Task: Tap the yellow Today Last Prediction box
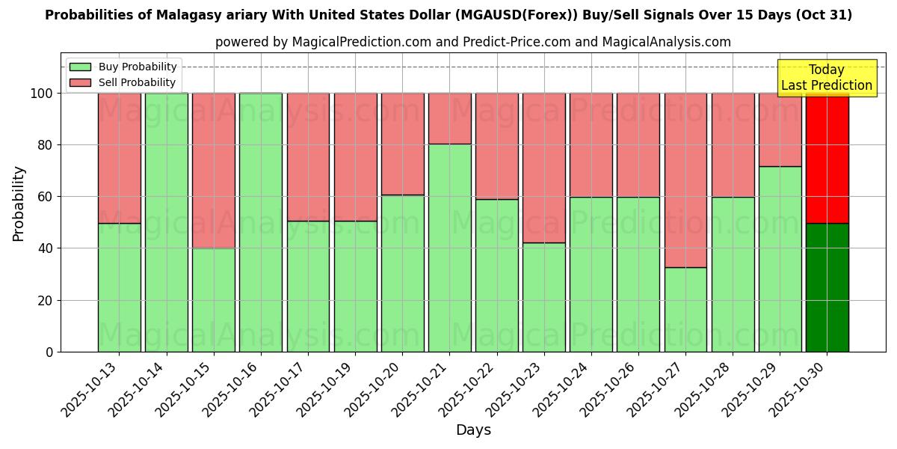coord(826,78)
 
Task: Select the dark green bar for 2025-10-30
coord(827,287)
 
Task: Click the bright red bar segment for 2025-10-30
coord(827,158)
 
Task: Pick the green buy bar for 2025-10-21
coord(449,248)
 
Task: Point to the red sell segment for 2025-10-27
coord(685,180)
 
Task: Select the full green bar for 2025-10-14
coord(166,222)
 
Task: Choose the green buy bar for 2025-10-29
coord(780,259)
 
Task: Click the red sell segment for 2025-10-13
coord(119,158)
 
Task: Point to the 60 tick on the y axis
coord(46,197)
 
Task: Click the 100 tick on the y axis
coord(43,94)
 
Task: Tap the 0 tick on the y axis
coord(49,352)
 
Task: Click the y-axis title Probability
coord(19,203)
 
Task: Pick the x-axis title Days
coord(473,430)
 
